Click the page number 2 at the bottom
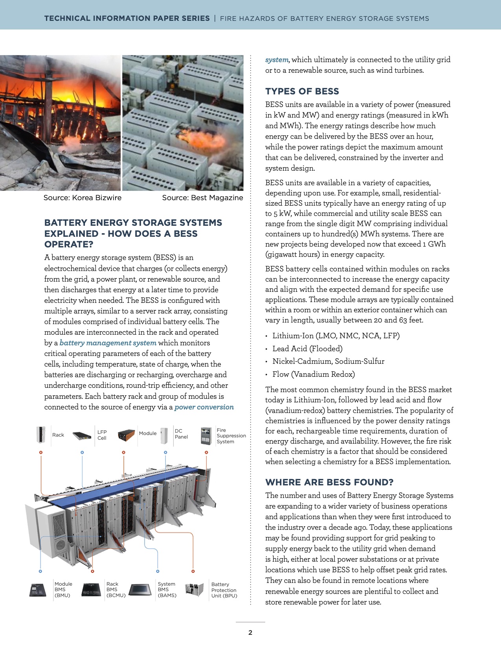click(x=250, y=632)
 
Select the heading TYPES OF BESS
click(x=302, y=91)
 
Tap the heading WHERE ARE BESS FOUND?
click(x=329, y=482)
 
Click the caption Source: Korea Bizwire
click(x=83, y=198)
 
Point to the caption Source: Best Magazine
click(x=202, y=198)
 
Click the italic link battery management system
click(x=108, y=343)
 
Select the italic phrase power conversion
click(x=204, y=407)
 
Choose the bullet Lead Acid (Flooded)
click(x=307, y=348)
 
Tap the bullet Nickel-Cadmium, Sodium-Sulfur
click(x=328, y=361)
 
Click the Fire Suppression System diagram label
click(x=231, y=436)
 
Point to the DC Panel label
click(x=181, y=434)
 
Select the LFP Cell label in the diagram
click(x=102, y=435)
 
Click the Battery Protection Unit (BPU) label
click(x=224, y=590)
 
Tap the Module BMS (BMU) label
click(x=63, y=590)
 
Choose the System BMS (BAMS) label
click(x=167, y=590)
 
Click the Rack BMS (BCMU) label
click(x=116, y=590)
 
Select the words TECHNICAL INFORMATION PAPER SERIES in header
click(x=127, y=18)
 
